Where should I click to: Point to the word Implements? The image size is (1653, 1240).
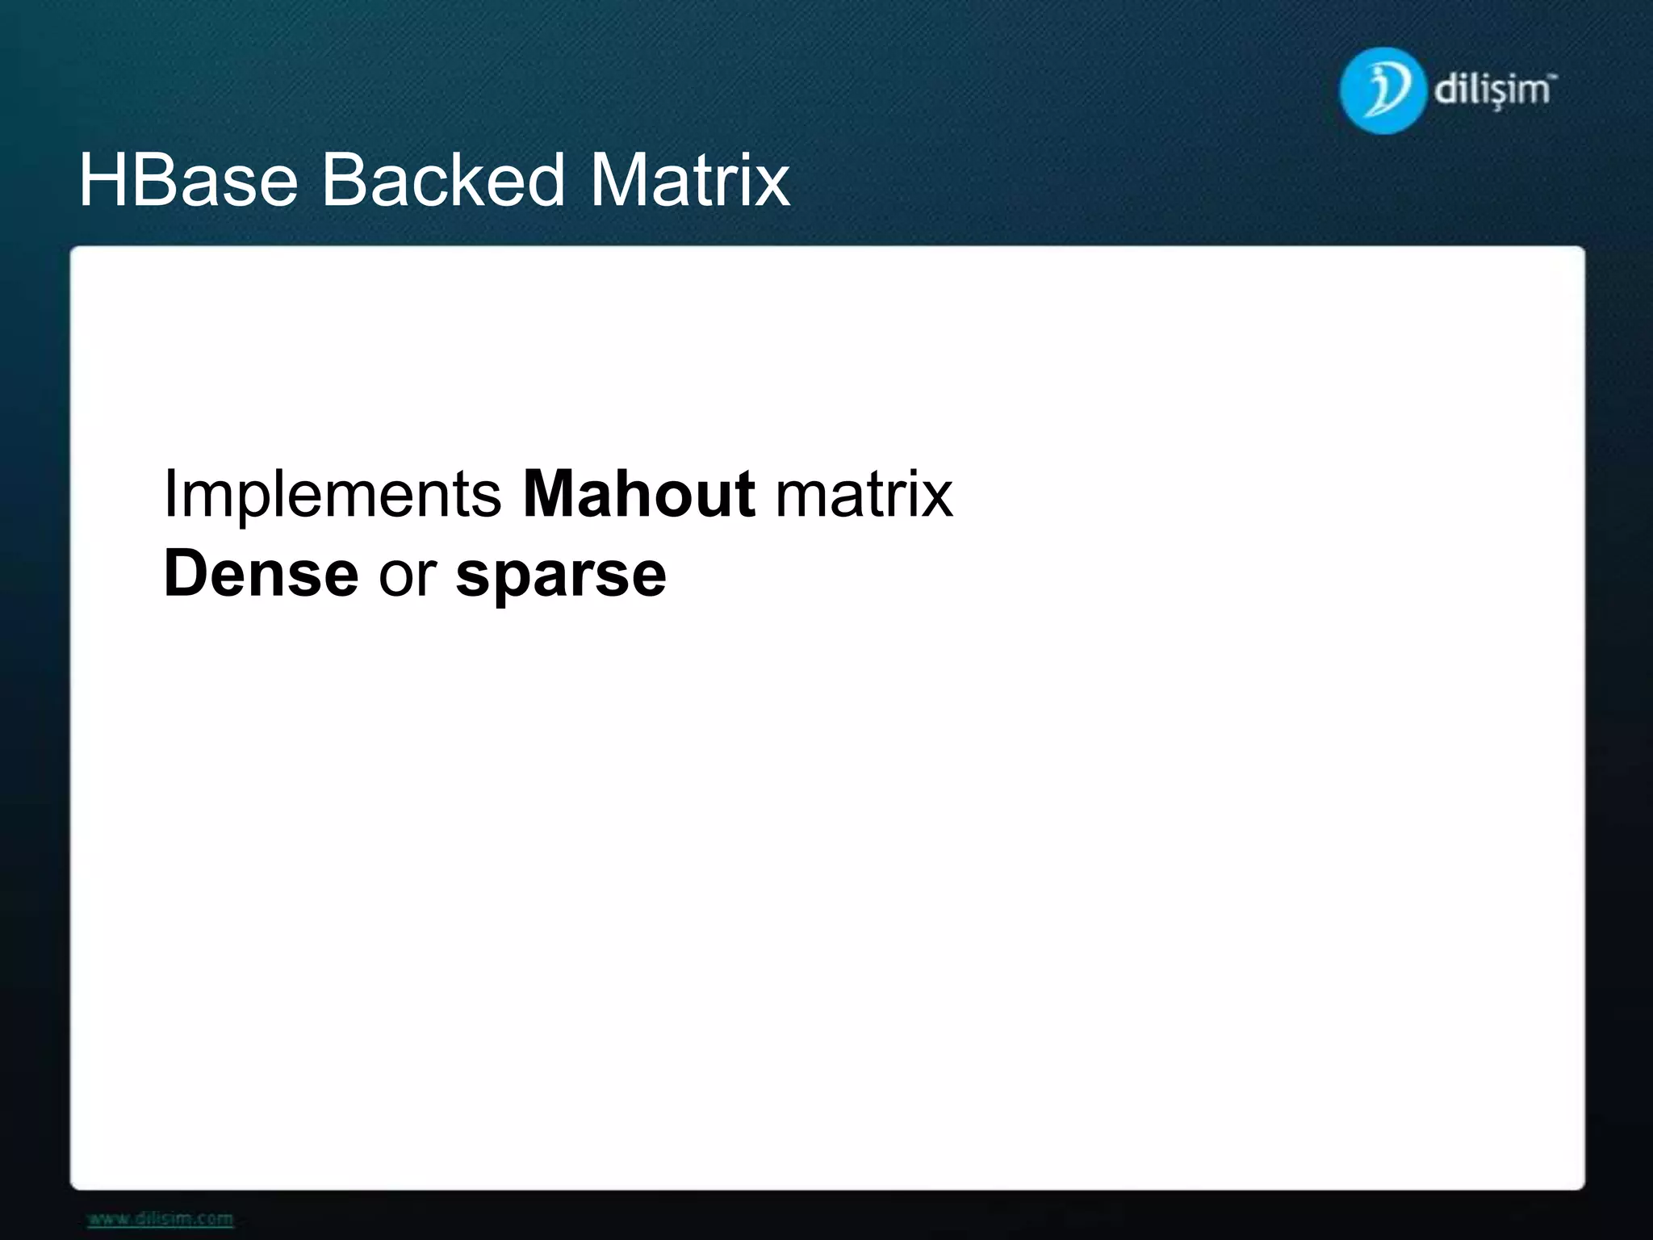click(x=333, y=494)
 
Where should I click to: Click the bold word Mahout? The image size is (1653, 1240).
click(x=639, y=494)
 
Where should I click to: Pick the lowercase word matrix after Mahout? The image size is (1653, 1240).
click(x=864, y=494)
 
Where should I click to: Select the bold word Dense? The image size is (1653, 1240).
click(x=261, y=574)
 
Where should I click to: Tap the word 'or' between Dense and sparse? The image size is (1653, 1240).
click(x=408, y=574)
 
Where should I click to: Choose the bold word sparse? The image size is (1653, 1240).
click(x=561, y=574)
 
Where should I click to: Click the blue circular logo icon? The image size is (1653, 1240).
click(x=1381, y=90)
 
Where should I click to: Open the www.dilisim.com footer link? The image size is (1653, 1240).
click(x=160, y=1218)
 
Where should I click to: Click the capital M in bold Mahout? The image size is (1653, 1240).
click(x=550, y=494)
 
